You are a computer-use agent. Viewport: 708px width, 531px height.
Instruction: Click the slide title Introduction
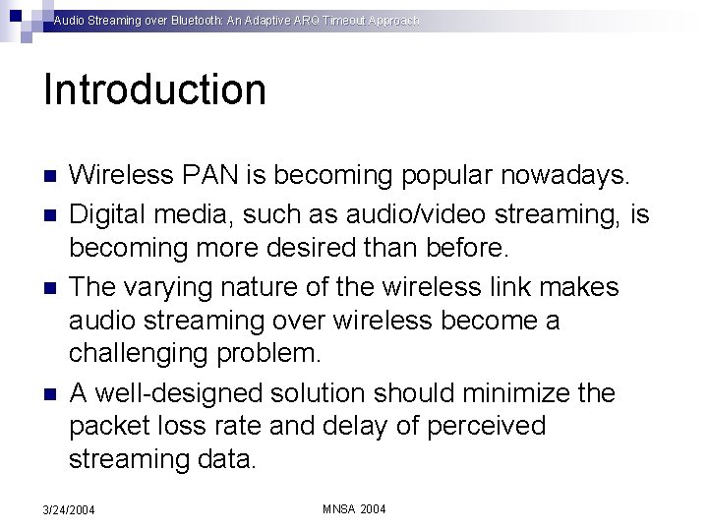(154, 89)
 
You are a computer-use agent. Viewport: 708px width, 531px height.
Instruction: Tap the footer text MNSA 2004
(355, 508)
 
